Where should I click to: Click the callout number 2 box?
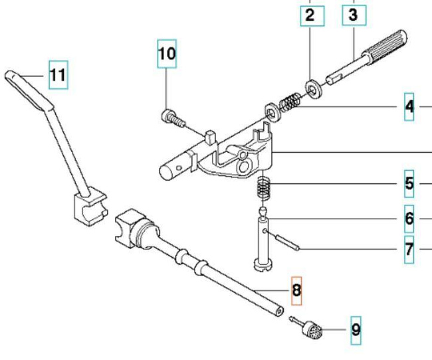pos(310,14)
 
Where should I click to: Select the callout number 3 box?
pos(353,14)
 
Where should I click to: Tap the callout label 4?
pos(409,106)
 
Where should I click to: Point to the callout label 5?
pos(409,183)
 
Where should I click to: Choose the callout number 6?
pos(409,218)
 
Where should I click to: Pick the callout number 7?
pos(409,250)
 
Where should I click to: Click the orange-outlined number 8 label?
pos(296,290)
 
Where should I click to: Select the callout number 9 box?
pos(356,329)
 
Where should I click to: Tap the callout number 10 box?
pos(167,53)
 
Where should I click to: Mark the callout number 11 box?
pos(58,74)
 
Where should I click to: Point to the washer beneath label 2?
pos(311,86)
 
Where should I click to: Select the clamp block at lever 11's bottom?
pos(88,206)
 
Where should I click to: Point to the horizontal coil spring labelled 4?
pos(289,104)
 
